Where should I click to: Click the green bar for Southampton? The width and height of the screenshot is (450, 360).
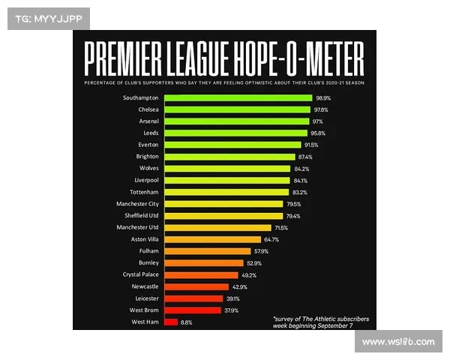(x=238, y=97)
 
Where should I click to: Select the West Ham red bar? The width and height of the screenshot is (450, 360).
(x=171, y=322)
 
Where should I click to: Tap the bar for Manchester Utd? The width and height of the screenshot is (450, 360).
(x=217, y=227)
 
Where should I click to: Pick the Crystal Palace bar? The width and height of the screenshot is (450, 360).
(x=201, y=274)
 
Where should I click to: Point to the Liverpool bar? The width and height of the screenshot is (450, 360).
(x=227, y=180)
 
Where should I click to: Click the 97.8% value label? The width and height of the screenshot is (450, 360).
(x=321, y=109)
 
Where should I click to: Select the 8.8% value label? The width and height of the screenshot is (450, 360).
(x=187, y=322)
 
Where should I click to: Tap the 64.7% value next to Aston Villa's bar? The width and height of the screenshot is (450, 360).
(x=271, y=239)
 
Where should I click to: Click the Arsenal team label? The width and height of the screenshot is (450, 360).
(x=147, y=121)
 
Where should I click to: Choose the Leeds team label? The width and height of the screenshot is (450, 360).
(x=149, y=133)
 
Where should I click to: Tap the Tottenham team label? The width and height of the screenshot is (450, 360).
(x=142, y=192)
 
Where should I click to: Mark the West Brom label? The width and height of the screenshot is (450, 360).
(x=143, y=310)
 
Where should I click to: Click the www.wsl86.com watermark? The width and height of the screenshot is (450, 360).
(x=397, y=342)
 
